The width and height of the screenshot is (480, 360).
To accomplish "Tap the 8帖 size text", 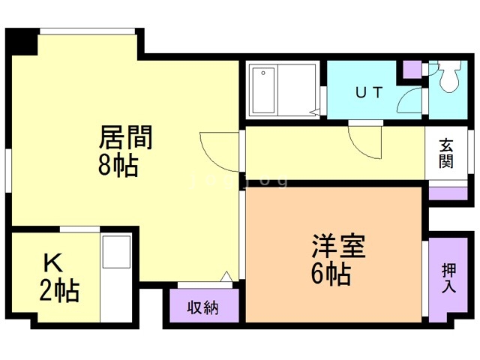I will [x=118, y=166].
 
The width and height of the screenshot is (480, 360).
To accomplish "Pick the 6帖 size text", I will [x=331, y=274].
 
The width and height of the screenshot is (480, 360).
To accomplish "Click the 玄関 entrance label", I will [x=446, y=153].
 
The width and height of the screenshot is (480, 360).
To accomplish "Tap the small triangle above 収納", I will [x=225, y=276].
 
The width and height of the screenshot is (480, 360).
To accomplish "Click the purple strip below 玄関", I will [x=447, y=193].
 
